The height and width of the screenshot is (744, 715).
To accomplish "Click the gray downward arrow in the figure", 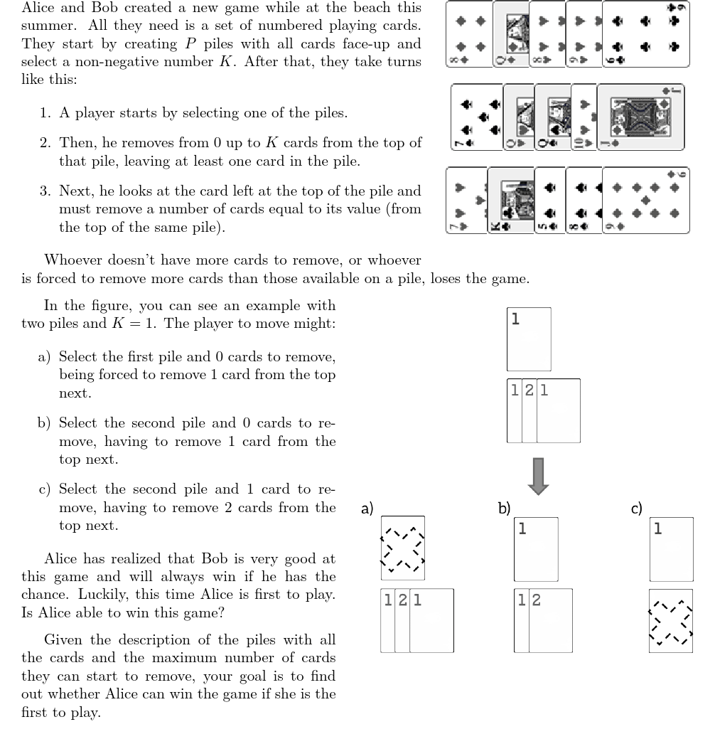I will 538,475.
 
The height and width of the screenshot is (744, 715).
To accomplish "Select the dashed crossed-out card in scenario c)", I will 672,620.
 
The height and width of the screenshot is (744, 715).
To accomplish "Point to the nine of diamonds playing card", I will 645,200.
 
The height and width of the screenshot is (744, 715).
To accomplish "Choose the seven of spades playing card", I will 466,200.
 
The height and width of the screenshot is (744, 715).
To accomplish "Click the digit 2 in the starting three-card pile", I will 529,390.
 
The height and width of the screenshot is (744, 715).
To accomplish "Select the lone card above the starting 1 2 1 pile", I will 529,339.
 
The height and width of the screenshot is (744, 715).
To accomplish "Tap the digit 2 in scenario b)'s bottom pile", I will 536,600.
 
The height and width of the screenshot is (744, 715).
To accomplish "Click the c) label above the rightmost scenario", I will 637,508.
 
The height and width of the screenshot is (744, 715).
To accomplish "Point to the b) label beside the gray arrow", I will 505,508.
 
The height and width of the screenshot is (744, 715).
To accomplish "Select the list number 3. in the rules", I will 45,191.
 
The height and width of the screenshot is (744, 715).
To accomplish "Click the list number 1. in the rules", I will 45,113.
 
